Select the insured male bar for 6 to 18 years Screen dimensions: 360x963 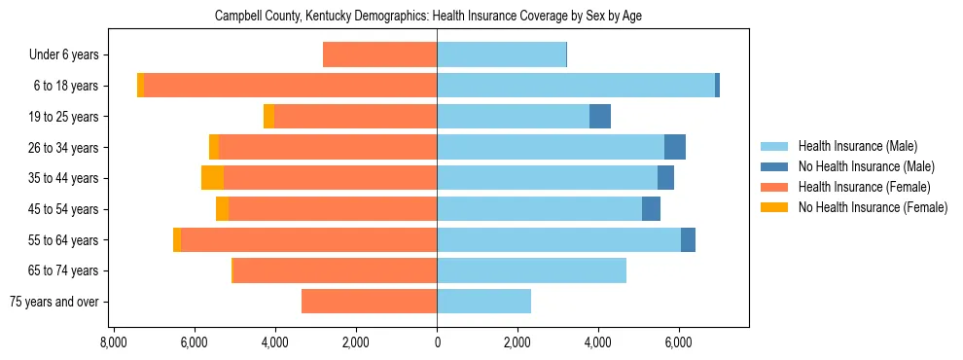pos(576,86)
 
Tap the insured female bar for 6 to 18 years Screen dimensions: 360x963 pos(290,86)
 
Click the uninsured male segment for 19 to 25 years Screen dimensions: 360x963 pos(600,117)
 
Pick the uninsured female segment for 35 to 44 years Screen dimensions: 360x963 pos(212,178)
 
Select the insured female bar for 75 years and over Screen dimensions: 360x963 pos(369,302)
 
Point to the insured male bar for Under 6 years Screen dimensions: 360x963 pos(501,54)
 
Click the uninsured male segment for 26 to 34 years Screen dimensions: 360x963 pos(675,147)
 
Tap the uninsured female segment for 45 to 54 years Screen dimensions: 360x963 pos(222,209)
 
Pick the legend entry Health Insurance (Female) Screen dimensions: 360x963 pos(863,187)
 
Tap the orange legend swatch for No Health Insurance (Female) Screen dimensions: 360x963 pos(774,207)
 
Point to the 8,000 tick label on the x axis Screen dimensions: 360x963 pos(114,342)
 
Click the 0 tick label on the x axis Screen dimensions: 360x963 pos(437,342)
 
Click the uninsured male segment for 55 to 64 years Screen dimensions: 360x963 pos(688,239)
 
